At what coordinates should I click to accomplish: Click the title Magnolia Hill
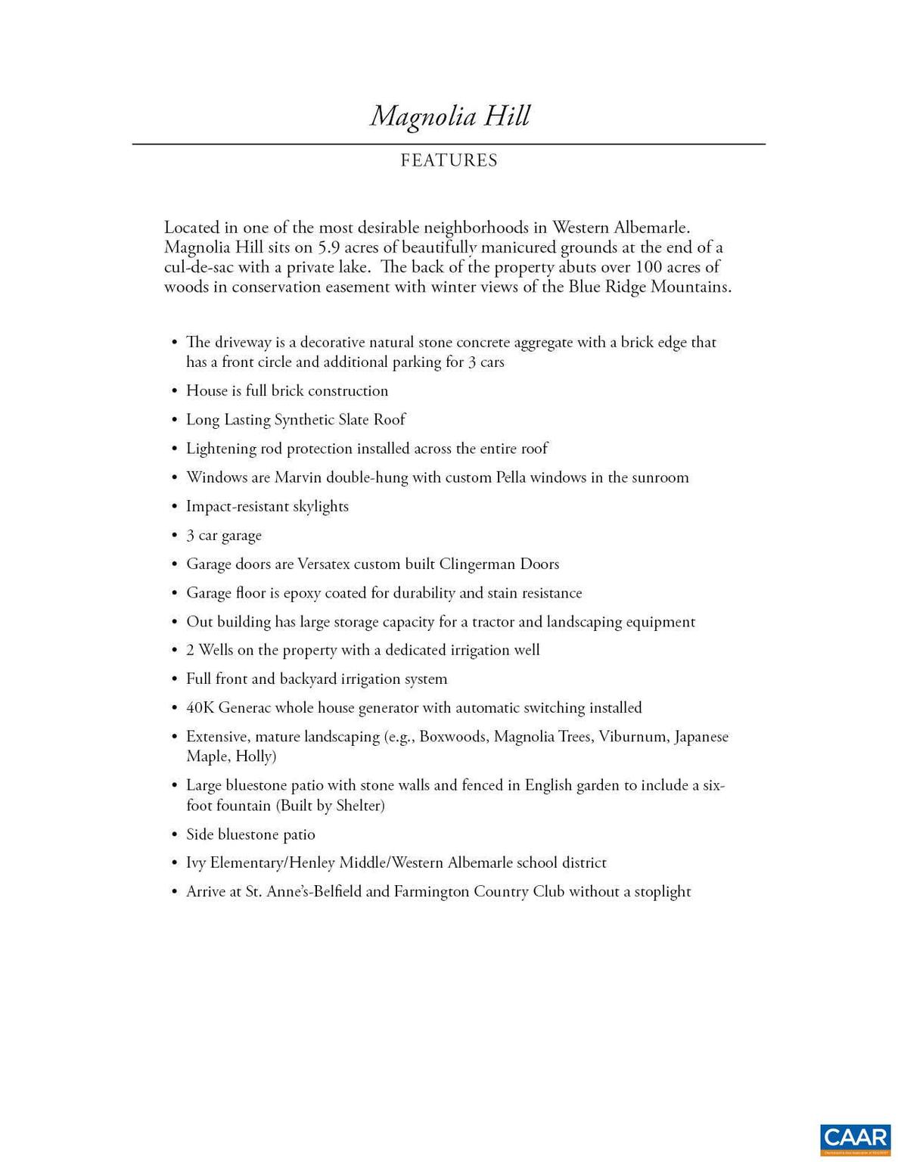pos(449,117)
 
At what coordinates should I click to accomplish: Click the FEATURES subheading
pos(449,160)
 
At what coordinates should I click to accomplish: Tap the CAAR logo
pos(856,1140)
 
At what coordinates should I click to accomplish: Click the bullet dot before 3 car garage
pos(175,536)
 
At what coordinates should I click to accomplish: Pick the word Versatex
pos(323,564)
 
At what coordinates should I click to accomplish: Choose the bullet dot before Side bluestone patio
pos(175,835)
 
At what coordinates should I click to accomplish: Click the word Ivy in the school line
pos(196,863)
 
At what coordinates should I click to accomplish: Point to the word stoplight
pos(662,892)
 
